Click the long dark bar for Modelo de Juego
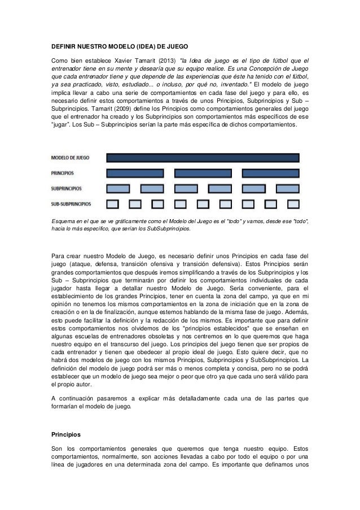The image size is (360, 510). pyautogui.click(x=203, y=158)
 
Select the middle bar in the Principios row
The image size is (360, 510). pyautogui.click(x=203, y=173)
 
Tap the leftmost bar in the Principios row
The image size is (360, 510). pyautogui.click(x=137, y=173)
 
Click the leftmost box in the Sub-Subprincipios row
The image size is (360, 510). pyautogui.click(x=113, y=203)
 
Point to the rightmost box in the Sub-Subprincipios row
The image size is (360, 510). pyautogui.click(x=293, y=203)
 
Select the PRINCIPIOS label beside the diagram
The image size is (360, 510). pyautogui.click(x=62, y=173)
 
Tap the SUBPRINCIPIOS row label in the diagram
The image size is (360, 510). pyautogui.click(x=66, y=188)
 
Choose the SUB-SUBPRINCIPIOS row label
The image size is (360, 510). pyautogui.click(x=71, y=203)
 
